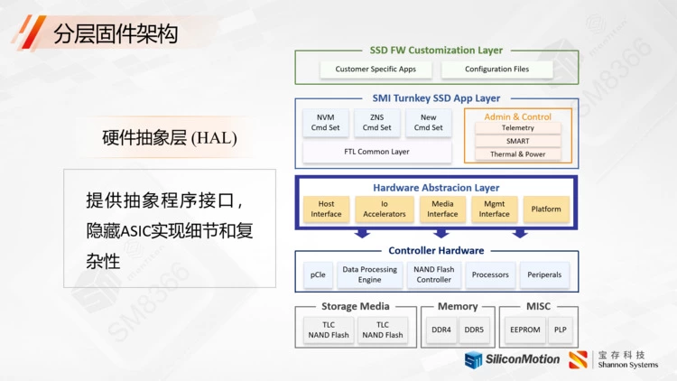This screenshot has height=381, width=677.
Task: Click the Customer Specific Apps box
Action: click(x=376, y=70)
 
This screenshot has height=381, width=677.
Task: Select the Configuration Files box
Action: click(x=496, y=70)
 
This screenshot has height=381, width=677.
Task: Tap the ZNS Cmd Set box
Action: click(x=376, y=123)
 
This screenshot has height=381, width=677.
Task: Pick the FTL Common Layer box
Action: click(x=376, y=152)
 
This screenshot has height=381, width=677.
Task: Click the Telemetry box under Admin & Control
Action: click(x=517, y=128)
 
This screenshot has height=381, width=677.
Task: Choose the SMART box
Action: click(x=517, y=141)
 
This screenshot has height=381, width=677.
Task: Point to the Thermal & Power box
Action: click(x=517, y=154)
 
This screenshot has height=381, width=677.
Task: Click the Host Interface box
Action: click(x=326, y=209)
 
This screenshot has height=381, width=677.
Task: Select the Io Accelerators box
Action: click(x=385, y=209)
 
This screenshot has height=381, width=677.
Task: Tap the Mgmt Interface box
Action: click(x=494, y=209)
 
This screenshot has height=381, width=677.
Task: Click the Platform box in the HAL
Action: click(x=546, y=209)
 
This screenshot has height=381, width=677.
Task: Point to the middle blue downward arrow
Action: click(x=441, y=233)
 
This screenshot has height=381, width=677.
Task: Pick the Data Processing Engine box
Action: click(x=369, y=274)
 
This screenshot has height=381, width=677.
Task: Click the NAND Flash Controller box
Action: click(x=433, y=274)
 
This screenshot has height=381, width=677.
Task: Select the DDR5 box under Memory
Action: click(x=474, y=330)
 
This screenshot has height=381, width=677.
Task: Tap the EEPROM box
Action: click(x=524, y=330)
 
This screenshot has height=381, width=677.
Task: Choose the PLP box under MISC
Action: click(x=561, y=330)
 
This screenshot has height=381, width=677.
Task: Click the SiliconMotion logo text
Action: click(x=521, y=359)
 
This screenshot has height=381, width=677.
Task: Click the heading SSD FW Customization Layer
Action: click(x=436, y=51)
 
